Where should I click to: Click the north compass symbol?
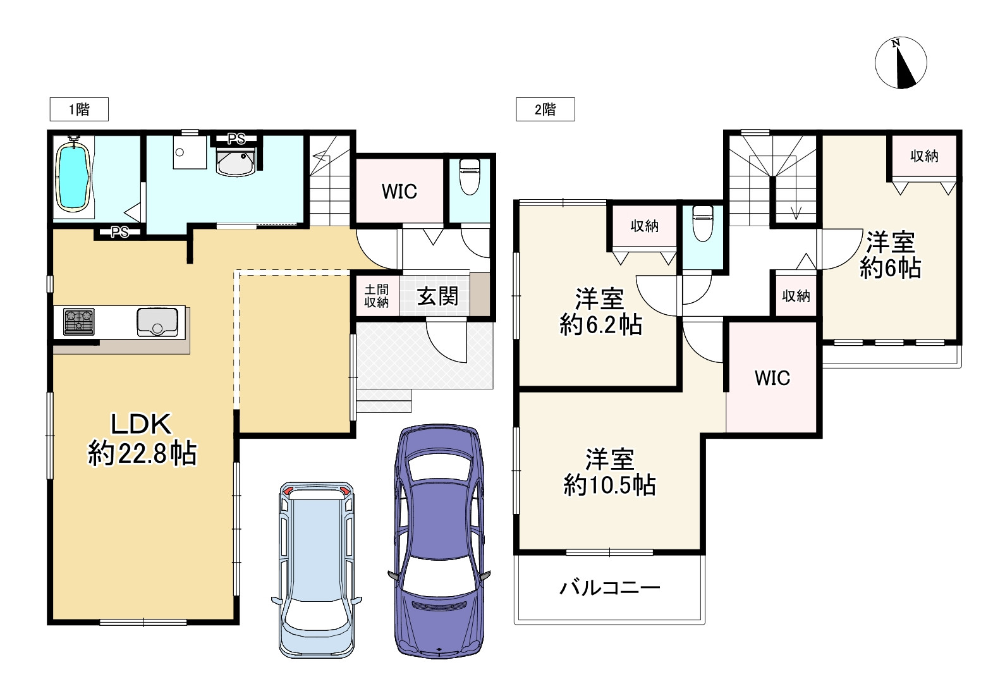pos(901,63)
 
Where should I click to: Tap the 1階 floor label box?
pos(79,109)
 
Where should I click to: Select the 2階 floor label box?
pos(545,109)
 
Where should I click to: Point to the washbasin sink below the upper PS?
pos(235,161)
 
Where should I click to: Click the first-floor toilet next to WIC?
pos(469,177)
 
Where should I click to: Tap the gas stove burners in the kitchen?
pos(78,321)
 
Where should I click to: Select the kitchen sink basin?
pos(157,321)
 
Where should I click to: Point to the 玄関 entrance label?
pos(437,295)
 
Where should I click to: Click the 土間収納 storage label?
pos(377,295)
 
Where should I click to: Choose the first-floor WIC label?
pos(399,191)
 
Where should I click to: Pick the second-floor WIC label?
pos(772,378)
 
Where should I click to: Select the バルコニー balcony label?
pos(610,589)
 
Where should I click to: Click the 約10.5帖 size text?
pos(610,486)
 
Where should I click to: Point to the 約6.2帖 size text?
pos(600,325)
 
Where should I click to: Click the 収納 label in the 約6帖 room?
pos(924,156)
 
